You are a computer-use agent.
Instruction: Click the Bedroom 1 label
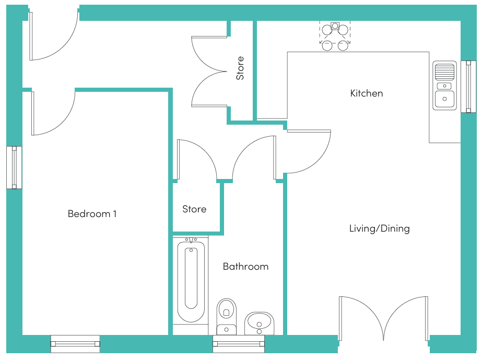pos(92,213)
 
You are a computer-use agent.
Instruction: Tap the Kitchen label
pos(367,93)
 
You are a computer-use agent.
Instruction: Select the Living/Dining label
pos(379,229)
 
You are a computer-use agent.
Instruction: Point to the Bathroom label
pos(245,266)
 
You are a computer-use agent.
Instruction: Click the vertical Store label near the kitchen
pos(240,68)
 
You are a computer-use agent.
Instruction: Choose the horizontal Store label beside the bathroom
pos(194,209)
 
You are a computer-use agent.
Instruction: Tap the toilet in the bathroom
pos(227,316)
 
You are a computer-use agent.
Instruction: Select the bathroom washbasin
pos(259,323)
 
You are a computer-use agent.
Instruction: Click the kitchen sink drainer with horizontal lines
pos(444,72)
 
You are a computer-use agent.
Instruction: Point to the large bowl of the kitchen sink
pos(444,99)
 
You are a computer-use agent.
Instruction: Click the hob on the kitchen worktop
pos(335,36)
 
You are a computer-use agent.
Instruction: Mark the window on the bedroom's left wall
pos(14,167)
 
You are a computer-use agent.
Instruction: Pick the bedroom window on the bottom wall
pos(75,344)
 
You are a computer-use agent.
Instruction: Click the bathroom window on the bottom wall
pos(239,344)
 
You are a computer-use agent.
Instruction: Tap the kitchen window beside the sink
pos(468,87)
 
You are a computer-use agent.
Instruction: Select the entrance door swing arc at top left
pos(65,46)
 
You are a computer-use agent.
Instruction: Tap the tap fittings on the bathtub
pos(191,240)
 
